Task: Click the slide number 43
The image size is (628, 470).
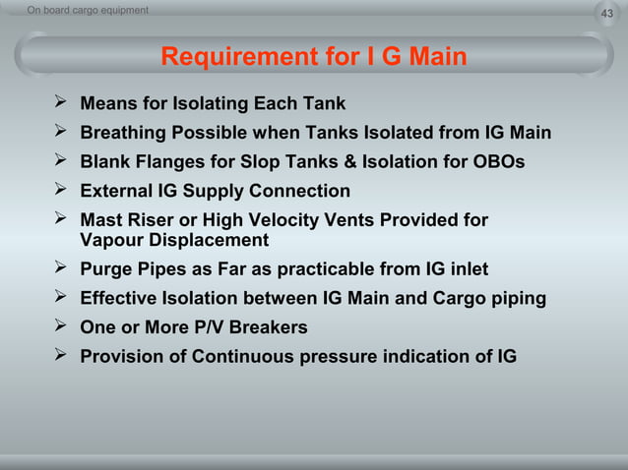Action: [x=606, y=12]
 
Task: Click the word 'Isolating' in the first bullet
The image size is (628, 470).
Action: [x=211, y=103]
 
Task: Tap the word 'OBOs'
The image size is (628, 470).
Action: [x=498, y=161]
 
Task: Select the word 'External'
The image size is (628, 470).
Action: [x=118, y=191]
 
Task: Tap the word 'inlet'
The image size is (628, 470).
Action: [x=465, y=269]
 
